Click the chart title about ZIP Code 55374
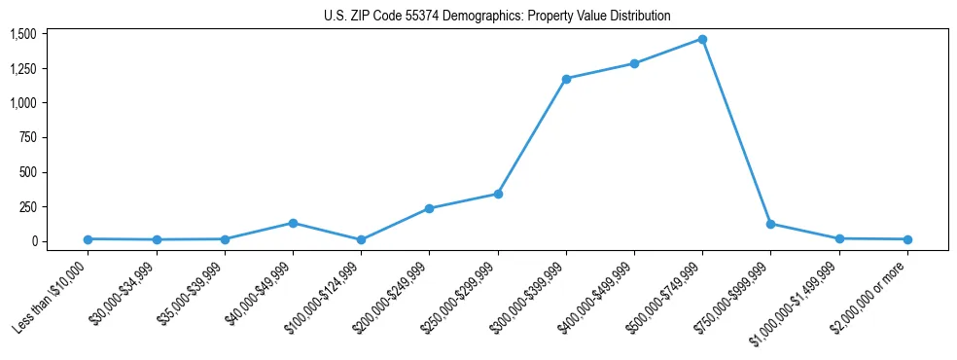(x=497, y=17)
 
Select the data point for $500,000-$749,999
(x=702, y=40)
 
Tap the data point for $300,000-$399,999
(x=566, y=79)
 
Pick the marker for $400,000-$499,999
(x=634, y=64)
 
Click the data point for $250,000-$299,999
(x=498, y=194)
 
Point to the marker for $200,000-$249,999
(x=429, y=208)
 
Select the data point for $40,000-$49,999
(x=293, y=223)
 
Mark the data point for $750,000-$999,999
(x=770, y=224)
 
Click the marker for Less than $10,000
(x=89, y=238)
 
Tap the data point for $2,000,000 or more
(x=907, y=239)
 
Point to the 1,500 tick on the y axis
(x=22, y=34)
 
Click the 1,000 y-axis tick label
(x=22, y=103)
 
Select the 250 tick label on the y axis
(x=26, y=207)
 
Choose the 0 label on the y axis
(x=32, y=241)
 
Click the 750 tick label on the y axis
(x=26, y=138)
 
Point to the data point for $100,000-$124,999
(x=361, y=239)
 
